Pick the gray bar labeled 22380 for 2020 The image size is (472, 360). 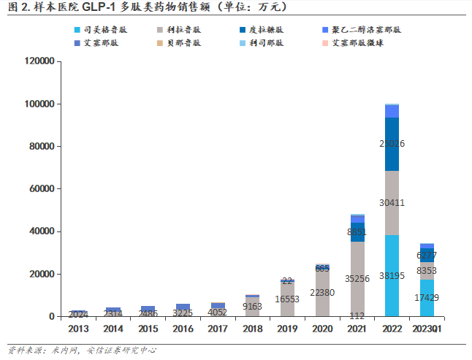point(322,293)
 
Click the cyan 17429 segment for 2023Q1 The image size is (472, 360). point(427,298)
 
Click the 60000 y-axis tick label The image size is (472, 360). point(41,189)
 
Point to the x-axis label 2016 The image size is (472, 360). point(183,329)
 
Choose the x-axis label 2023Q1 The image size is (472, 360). point(427,329)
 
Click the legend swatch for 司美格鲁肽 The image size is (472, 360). point(77,31)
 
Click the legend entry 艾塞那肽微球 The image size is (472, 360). point(358,43)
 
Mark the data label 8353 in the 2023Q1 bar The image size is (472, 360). point(427,271)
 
